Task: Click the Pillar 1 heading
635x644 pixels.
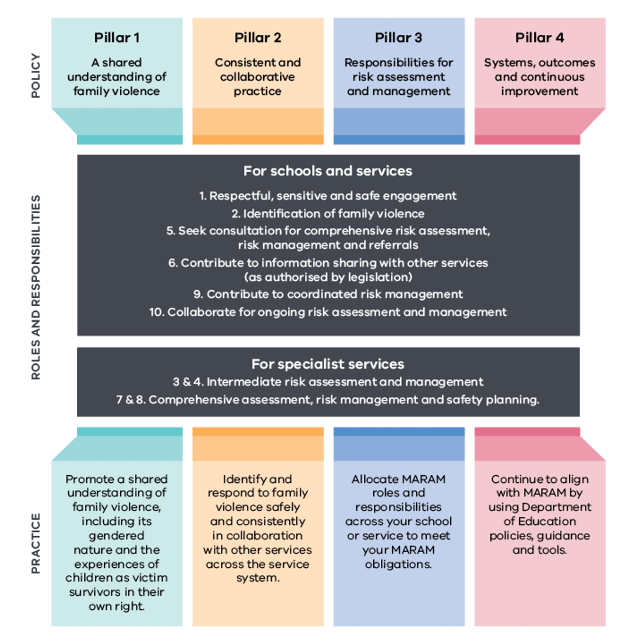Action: tap(117, 38)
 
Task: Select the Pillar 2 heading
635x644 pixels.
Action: tap(258, 38)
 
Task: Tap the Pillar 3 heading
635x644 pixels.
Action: tap(399, 38)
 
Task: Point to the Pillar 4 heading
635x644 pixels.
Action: tap(540, 38)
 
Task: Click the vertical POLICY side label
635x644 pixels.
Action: tap(36, 75)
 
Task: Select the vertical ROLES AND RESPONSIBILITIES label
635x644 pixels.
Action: tap(36, 287)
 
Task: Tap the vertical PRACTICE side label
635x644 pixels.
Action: tap(36, 543)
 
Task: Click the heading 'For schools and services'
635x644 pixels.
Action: tap(328, 171)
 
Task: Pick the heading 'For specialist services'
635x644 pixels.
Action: tap(328, 364)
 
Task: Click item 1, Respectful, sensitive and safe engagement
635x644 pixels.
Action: tap(328, 196)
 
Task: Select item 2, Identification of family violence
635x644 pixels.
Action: tap(328, 213)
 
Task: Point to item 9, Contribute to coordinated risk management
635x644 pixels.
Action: tap(328, 294)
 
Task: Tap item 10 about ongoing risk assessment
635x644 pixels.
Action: tap(328, 312)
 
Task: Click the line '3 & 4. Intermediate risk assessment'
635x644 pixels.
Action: tap(328, 382)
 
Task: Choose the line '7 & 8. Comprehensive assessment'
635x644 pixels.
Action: tap(328, 400)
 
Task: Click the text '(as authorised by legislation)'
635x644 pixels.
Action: tap(328, 277)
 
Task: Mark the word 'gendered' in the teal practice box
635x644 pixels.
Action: tap(117, 536)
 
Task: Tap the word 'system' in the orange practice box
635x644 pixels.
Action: tap(257, 578)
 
